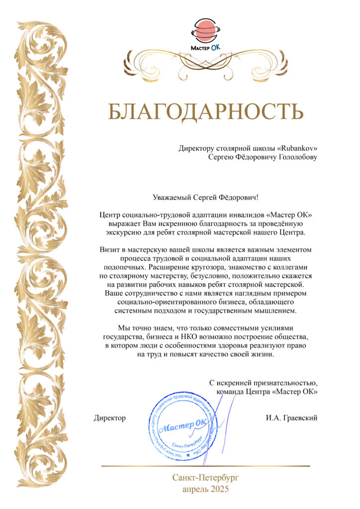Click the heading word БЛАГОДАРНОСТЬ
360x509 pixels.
click(205, 112)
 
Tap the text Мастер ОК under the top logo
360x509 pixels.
click(205, 47)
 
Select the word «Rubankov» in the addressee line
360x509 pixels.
click(297, 148)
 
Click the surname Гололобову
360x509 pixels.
click(294, 157)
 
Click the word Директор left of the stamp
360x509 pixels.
click(109, 418)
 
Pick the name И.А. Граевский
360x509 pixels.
click(292, 418)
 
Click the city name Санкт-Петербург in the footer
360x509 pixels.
click(205, 478)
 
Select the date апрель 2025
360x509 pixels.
click(205, 490)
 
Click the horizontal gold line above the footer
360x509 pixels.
click(205, 466)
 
